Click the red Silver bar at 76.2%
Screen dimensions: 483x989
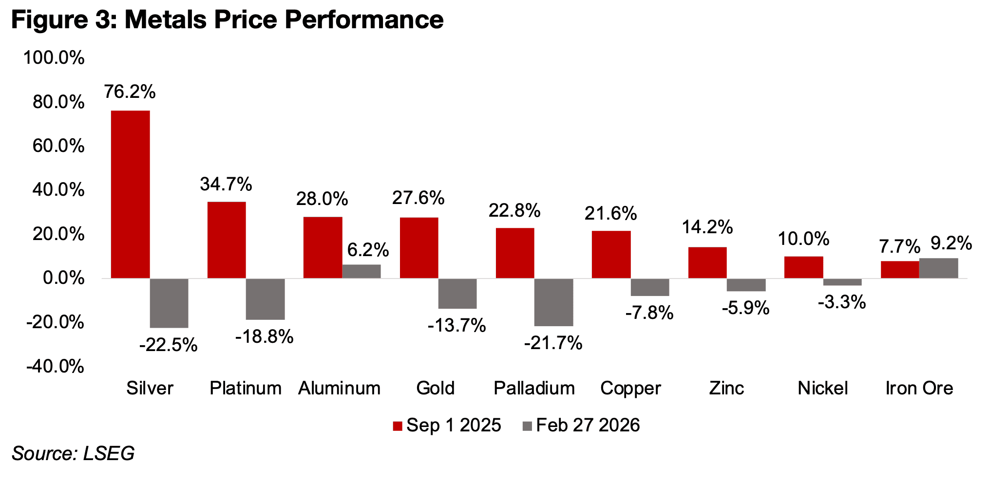point(130,194)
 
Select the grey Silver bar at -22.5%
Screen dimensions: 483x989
point(169,303)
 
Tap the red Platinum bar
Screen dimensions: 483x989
point(227,240)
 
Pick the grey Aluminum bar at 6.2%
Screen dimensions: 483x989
point(361,271)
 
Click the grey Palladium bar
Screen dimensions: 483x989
point(554,302)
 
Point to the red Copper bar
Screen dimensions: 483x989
point(611,254)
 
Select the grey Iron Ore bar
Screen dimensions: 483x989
point(939,268)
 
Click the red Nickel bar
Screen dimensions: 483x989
point(804,267)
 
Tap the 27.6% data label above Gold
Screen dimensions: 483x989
point(418,198)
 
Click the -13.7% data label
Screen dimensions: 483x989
point(456,325)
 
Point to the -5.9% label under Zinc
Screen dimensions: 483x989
point(745,308)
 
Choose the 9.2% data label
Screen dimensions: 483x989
point(951,243)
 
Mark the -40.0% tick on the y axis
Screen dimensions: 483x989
point(55,366)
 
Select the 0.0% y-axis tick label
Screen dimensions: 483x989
point(63,278)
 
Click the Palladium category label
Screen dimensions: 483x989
point(534,388)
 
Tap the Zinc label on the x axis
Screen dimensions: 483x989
point(726,388)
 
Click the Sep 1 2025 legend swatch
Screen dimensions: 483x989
point(398,426)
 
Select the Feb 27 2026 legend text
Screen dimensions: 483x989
point(588,426)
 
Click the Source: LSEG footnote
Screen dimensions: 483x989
point(73,454)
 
